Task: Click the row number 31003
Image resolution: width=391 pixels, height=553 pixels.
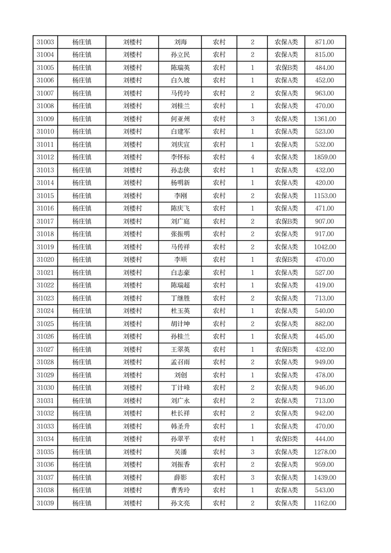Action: [x=45, y=42]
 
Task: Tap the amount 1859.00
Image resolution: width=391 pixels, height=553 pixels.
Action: [x=325, y=157]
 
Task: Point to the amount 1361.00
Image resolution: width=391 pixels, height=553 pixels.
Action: [x=325, y=119]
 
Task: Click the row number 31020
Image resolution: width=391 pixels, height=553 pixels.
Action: [x=45, y=260]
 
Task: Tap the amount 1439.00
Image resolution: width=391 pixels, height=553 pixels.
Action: [x=325, y=478]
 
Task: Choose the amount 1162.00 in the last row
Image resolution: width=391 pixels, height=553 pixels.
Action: [x=325, y=503]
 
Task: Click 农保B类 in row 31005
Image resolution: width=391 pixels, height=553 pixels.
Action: [x=286, y=68]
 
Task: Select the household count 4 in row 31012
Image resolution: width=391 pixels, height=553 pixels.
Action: [x=253, y=157]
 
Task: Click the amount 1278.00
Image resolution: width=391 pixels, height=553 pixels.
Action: [x=325, y=452]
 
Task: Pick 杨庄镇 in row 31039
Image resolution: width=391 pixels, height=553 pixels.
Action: [x=82, y=503]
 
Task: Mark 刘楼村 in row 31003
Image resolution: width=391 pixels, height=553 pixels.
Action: [x=132, y=42]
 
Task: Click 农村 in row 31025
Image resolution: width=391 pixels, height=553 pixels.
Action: [x=219, y=324]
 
